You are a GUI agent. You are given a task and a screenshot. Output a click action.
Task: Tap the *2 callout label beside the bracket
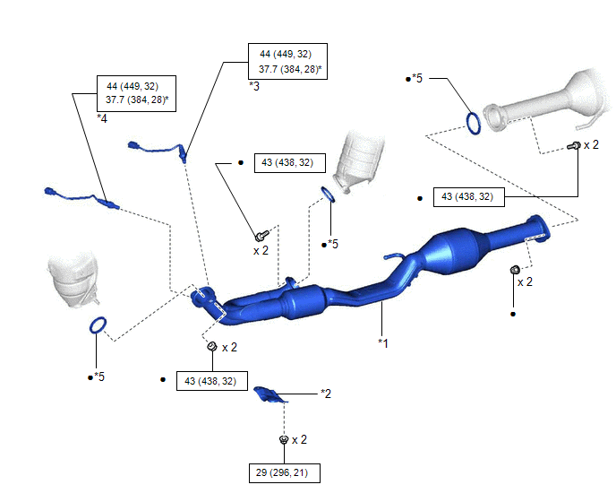pyautogui.click(x=326, y=393)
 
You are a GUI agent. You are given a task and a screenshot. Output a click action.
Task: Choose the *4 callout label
pyautogui.click(x=102, y=117)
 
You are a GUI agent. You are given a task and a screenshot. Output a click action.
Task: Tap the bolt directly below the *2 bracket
pyautogui.click(x=283, y=439)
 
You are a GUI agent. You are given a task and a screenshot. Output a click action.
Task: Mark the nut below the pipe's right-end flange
pyautogui.click(x=515, y=270)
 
